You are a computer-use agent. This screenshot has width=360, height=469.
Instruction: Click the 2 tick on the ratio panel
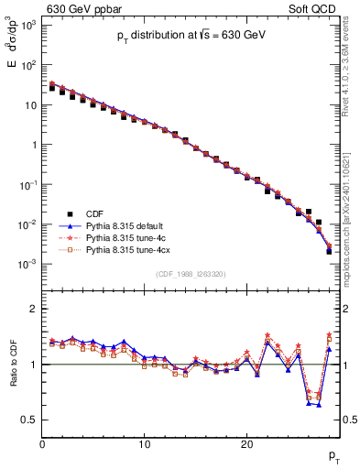tap(33, 309)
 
